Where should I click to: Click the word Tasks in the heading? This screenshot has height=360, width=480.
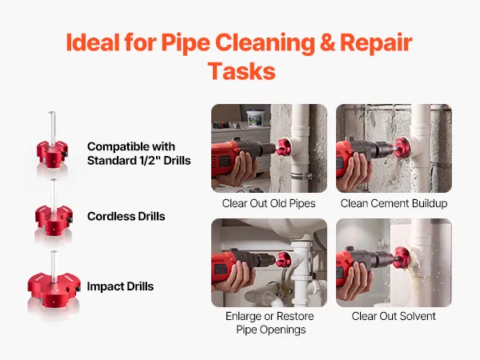tap(242, 71)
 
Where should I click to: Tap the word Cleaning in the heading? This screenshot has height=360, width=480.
tap(265, 42)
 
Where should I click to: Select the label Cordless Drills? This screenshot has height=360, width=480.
tap(126, 217)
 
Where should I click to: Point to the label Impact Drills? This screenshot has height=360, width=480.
tap(120, 286)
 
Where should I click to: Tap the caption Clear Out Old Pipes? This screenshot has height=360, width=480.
tap(269, 203)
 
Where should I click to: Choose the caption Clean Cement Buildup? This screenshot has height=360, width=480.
tap(394, 203)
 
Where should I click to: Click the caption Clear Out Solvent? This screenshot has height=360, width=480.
tap(394, 316)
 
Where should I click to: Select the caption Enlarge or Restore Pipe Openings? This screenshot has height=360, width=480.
tap(270, 322)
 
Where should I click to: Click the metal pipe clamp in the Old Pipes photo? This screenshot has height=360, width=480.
tap(302, 176)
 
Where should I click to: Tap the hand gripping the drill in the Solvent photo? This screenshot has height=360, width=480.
tap(357, 279)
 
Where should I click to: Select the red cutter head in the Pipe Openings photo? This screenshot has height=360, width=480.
tap(284, 259)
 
